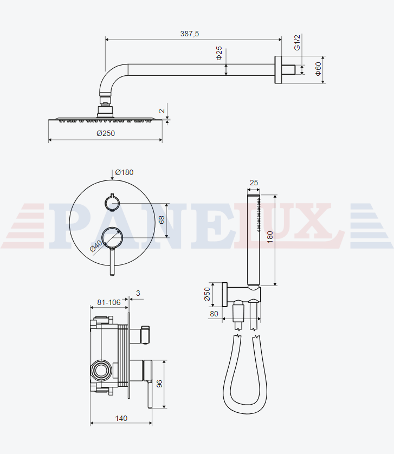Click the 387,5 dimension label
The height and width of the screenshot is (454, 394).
click(190, 34)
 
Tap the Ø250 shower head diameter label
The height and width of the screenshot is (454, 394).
click(106, 133)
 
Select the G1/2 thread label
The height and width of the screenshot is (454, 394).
click(297, 43)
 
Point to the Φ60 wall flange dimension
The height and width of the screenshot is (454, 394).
click(318, 69)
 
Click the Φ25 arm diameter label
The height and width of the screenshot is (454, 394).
click(219, 53)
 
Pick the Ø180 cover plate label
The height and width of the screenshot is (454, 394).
click(124, 172)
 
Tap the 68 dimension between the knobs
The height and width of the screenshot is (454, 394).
click(162, 220)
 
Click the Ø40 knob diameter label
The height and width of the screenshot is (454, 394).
click(96, 246)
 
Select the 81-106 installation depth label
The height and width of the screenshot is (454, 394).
click(108, 302)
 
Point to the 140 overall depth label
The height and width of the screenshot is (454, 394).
click(121, 418)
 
